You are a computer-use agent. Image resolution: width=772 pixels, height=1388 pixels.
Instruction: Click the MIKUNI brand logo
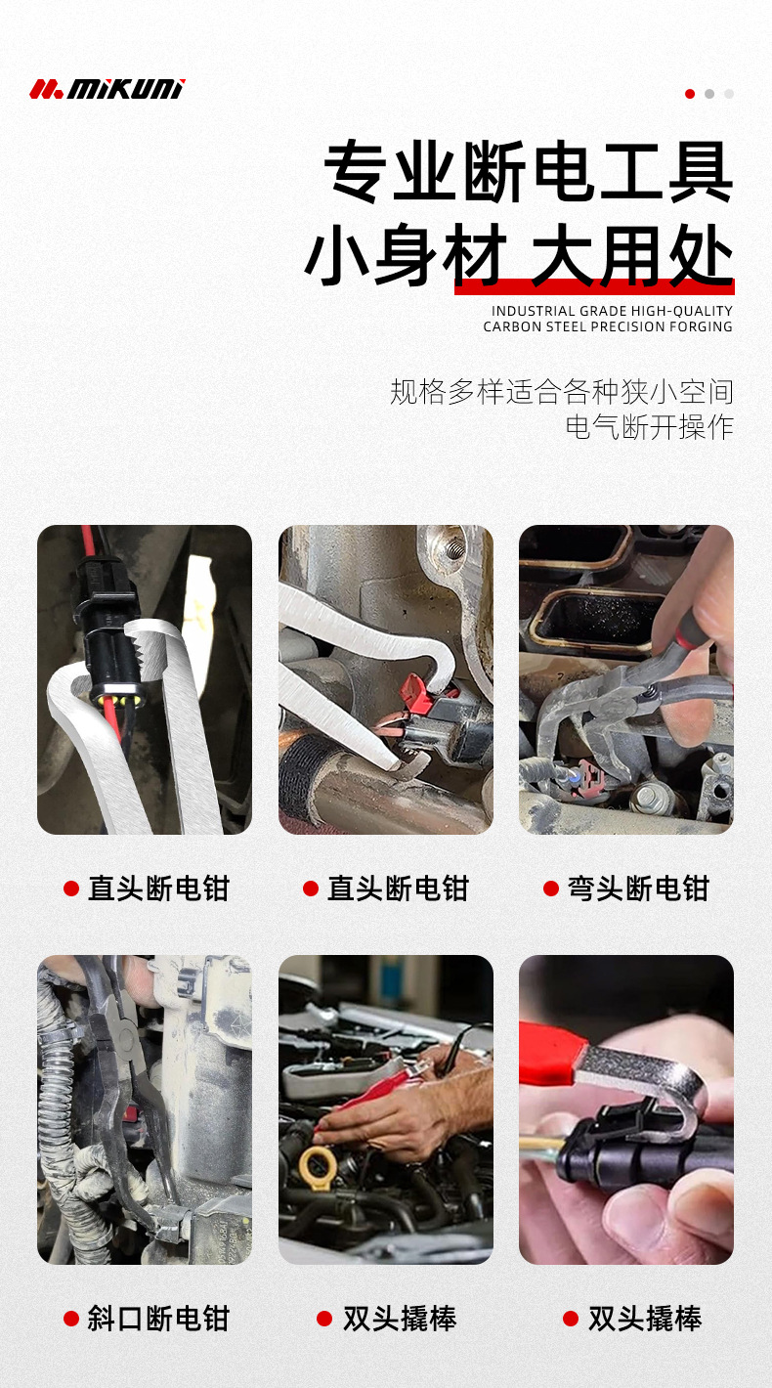(107, 89)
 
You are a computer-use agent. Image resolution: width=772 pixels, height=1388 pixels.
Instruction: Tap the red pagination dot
(690, 94)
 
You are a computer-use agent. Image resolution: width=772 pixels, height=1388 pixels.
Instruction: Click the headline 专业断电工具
(529, 173)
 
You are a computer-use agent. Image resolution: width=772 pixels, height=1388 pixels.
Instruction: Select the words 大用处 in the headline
(631, 257)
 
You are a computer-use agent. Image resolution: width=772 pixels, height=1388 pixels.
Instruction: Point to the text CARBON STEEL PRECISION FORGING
(607, 326)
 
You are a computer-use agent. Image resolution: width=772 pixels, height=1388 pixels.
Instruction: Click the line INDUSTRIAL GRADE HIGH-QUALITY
(612, 311)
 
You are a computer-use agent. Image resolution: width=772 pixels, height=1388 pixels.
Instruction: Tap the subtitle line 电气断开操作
(649, 427)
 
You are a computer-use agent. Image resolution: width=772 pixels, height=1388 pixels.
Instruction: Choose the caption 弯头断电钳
(638, 889)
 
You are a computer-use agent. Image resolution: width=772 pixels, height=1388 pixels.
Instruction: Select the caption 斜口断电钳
(158, 1319)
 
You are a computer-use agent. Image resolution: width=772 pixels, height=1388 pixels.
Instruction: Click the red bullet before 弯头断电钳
(551, 889)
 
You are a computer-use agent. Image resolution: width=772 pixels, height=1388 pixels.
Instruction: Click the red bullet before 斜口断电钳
(71, 1319)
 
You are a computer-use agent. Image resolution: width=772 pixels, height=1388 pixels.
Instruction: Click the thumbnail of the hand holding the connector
(625, 1109)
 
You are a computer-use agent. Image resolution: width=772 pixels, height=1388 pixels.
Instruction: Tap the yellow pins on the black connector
(107, 701)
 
